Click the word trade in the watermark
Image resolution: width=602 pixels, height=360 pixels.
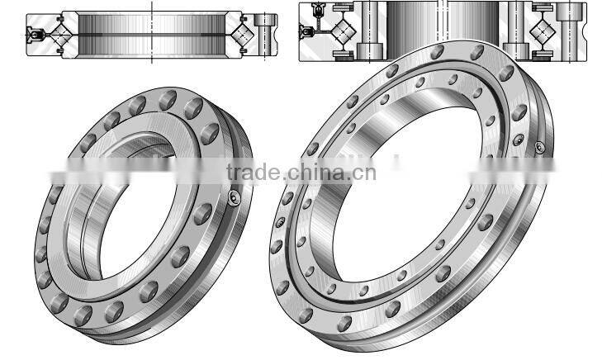(x=253, y=172)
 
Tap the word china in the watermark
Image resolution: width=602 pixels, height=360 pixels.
(x=317, y=172)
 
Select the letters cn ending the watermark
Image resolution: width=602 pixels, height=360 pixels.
(x=365, y=172)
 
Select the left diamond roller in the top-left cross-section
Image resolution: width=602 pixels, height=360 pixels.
(x=59, y=36)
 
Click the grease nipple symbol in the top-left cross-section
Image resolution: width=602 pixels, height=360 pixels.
(x=34, y=36)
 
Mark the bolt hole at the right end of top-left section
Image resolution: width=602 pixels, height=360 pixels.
(x=268, y=35)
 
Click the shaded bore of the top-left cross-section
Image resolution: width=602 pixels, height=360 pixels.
(x=154, y=35)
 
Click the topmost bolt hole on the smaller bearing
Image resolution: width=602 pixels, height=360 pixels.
(x=170, y=97)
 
